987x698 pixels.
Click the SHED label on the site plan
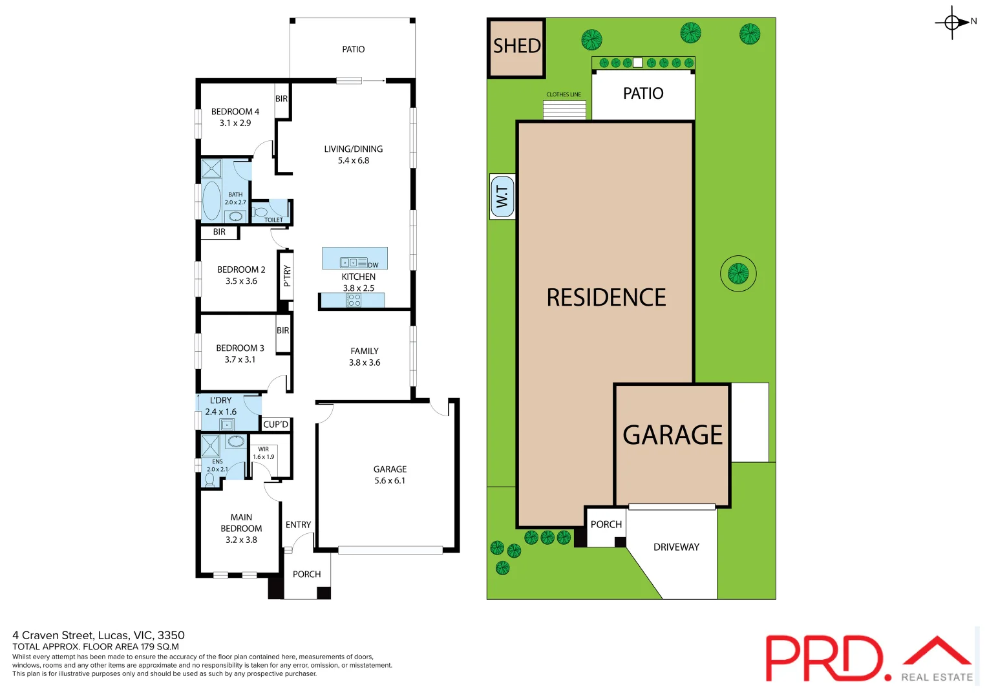click(x=516, y=47)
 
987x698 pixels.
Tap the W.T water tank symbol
click(x=502, y=196)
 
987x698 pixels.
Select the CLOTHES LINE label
click(x=563, y=95)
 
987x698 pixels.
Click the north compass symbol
click(x=952, y=23)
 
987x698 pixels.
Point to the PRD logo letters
click(x=824, y=659)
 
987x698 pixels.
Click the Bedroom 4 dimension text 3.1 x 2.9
click(x=235, y=123)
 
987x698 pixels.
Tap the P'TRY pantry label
click(x=287, y=276)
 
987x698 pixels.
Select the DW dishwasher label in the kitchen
click(x=373, y=265)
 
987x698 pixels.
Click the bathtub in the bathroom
click(x=212, y=200)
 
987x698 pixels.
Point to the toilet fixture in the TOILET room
click(x=260, y=212)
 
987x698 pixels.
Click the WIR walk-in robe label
click(x=264, y=449)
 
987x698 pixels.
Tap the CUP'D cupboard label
click(x=276, y=425)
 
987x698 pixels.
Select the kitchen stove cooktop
click(x=354, y=300)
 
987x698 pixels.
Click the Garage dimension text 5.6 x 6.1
click(x=390, y=481)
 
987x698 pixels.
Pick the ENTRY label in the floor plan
click(x=298, y=525)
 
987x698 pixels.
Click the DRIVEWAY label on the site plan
click(x=676, y=547)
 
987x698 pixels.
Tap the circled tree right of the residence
click(x=738, y=273)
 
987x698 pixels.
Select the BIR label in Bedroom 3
click(x=283, y=330)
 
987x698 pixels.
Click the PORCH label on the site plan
click(x=606, y=524)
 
